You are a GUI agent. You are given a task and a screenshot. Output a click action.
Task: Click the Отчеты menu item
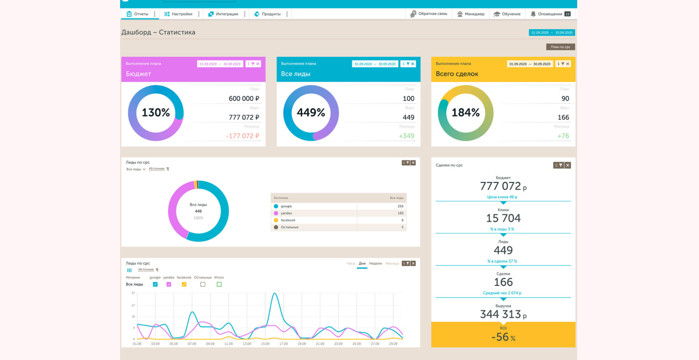click(138, 14)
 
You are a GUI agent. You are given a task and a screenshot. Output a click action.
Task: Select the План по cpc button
click(560, 47)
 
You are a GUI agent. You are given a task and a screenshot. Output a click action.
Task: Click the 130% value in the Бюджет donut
click(156, 113)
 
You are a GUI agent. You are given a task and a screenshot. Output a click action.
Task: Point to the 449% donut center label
click(311, 113)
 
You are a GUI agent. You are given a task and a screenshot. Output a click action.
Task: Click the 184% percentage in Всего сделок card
click(465, 113)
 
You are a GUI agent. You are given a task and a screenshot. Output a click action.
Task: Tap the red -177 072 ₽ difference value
click(242, 136)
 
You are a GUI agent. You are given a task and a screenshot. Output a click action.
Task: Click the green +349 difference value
click(406, 136)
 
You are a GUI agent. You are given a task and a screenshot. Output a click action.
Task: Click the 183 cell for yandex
click(400, 213)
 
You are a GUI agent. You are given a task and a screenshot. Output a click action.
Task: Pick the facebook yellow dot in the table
click(276, 220)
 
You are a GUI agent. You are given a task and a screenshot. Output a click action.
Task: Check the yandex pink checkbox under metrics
click(169, 284)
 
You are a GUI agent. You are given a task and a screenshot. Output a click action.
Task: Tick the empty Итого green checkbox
click(219, 284)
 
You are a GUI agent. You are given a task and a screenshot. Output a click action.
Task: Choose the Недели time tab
click(375, 263)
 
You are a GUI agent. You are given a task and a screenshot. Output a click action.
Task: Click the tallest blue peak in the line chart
click(275, 294)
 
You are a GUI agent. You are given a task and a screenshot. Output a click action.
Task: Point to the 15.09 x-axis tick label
click(265, 344)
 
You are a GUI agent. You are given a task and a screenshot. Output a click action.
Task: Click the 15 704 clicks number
click(503, 218)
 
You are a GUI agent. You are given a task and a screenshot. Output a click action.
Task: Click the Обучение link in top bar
click(507, 14)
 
